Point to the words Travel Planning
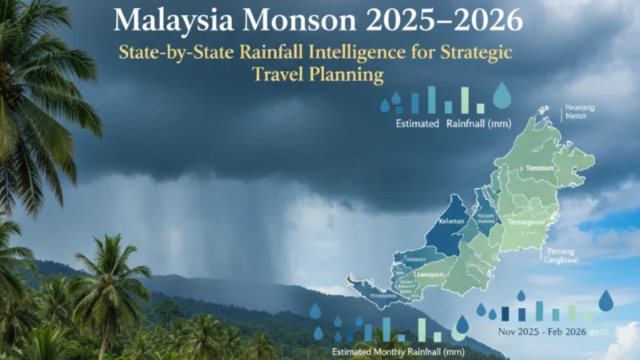(x=318, y=75)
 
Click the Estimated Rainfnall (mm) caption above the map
(x=442, y=124)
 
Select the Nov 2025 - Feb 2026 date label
(x=542, y=330)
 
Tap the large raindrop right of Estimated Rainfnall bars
(x=502, y=95)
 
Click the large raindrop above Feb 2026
(x=606, y=300)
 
